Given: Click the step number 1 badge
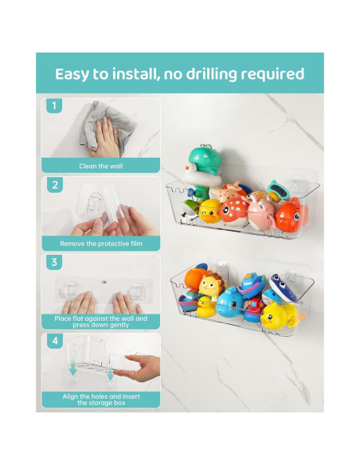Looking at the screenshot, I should point(53,105).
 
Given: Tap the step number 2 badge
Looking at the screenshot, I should point(53,185).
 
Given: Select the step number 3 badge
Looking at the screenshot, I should point(53,262).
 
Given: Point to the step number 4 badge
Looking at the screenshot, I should point(53,341).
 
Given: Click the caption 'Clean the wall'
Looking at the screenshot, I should point(100,166).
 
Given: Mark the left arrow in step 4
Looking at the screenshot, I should point(72,370).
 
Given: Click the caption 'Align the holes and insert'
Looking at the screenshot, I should point(100,396).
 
